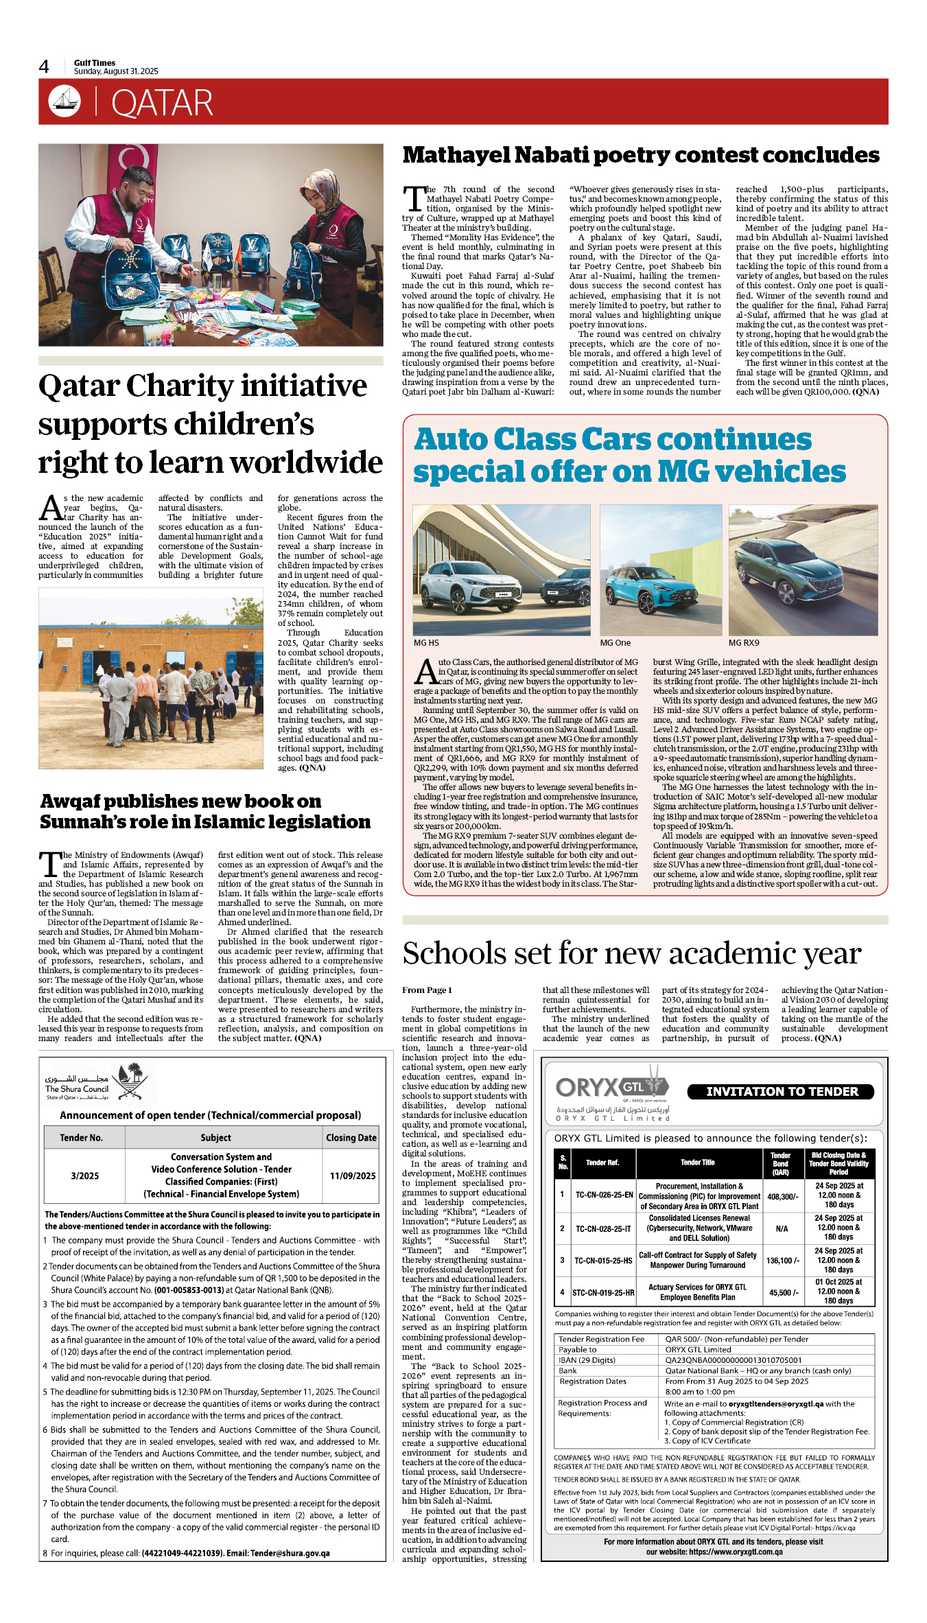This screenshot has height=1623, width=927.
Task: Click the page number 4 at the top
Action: (x=44, y=67)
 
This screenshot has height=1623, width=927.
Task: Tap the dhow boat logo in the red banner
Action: (x=64, y=102)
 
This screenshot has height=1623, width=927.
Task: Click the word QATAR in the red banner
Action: (x=162, y=104)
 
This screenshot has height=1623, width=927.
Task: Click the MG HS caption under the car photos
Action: (x=426, y=643)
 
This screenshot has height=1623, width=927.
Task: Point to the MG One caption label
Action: (x=615, y=643)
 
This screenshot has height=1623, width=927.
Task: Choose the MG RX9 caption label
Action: (x=744, y=643)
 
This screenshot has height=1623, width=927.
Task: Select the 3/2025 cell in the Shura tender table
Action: (x=84, y=1176)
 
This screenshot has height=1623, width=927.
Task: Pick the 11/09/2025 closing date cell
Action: (x=352, y=1176)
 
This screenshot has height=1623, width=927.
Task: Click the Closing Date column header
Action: (x=351, y=1137)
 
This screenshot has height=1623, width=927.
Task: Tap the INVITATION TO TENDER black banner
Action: (x=782, y=1091)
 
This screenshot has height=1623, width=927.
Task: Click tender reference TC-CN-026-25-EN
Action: (x=604, y=1195)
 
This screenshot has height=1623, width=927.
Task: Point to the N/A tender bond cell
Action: (x=782, y=1228)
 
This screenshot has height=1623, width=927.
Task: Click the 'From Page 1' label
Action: (x=427, y=990)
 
